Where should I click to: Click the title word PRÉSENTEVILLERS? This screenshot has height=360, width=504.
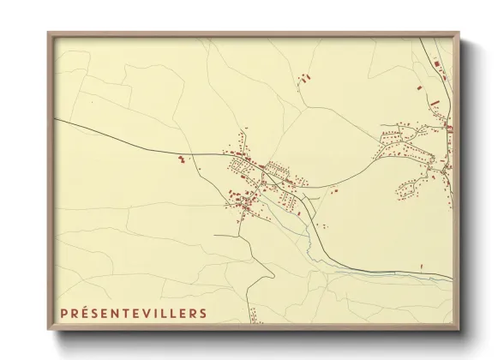pyautogui.click(x=133, y=314)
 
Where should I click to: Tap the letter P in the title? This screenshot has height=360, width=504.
pyautogui.click(x=64, y=314)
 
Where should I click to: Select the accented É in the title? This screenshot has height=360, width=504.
pyautogui.click(x=85, y=314)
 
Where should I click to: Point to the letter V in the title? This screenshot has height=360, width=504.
pyautogui.click(x=146, y=314)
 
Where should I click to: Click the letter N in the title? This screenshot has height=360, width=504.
pyautogui.click(x=116, y=314)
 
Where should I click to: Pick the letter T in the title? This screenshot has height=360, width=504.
pyautogui.click(x=126, y=314)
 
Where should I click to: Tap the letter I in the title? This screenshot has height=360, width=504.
pyautogui.click(x=155, y=314)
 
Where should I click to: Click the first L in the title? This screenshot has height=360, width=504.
pyautogui.click(x=163, y=314)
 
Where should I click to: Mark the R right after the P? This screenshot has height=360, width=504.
pyautogui.click(x=75, y=314)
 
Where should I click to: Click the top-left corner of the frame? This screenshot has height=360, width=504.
pyautogui.click(x=49, y=33)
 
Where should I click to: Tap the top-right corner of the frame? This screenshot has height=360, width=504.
pyautogui.click(x=459, y=33)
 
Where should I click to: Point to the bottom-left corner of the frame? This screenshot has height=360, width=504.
pyautogui.click(x=49, y=330)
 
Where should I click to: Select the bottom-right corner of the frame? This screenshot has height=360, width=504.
pyautogui.click(x=459, y=330)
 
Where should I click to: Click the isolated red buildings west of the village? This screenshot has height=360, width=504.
pyautogui.click(x=181, y=159)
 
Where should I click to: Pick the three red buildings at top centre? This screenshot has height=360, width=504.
pyautogui.click(x=302, y=79)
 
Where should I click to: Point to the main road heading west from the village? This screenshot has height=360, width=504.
pyautogui.click(x=129, y=140)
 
